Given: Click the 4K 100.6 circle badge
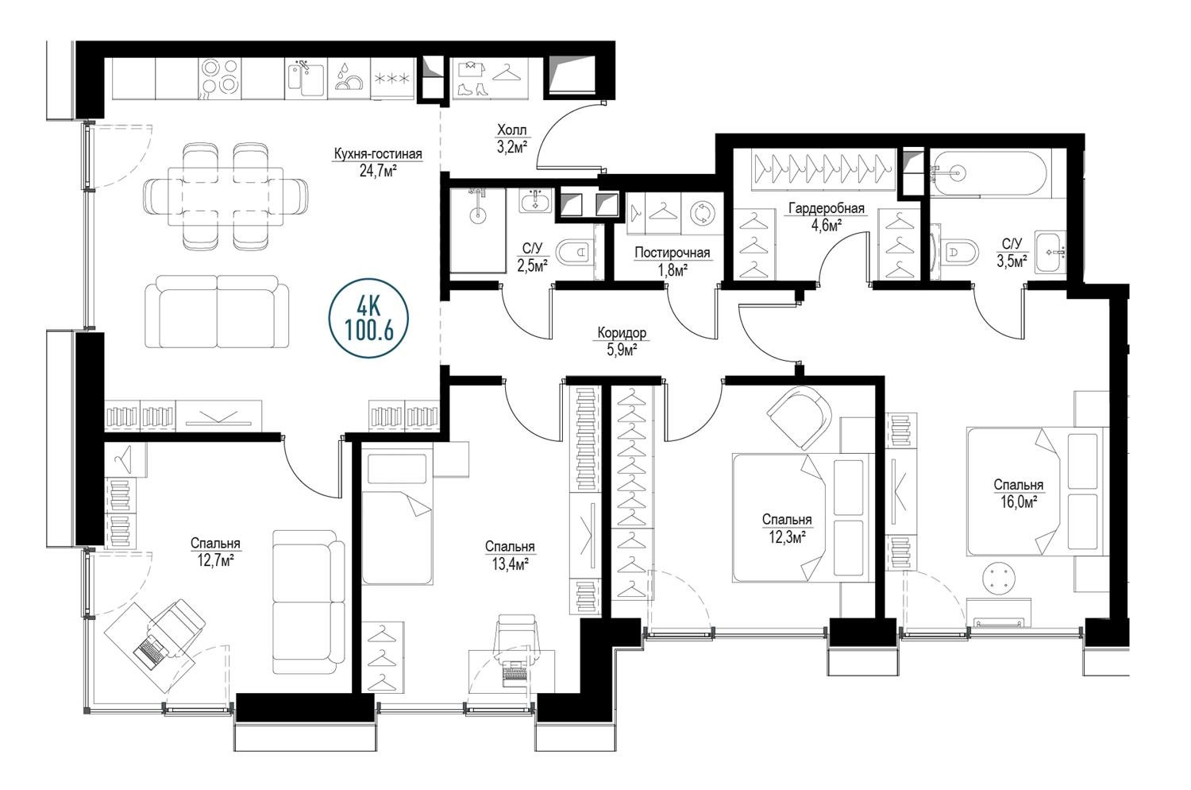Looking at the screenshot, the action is pos(369,318).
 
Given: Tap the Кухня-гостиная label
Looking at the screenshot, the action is pos(377,154).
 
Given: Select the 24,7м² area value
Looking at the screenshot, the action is pos(378,172).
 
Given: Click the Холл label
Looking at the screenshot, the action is pos(511,130).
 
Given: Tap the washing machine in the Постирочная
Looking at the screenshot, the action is pos(703,213).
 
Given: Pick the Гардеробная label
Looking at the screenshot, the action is pos(827,208).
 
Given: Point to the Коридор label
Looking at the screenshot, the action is pos(622,333).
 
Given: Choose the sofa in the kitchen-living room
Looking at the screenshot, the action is pos(217,312).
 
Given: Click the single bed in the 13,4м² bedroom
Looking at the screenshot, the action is pos(397,517).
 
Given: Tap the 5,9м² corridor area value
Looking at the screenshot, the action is pos(622,350).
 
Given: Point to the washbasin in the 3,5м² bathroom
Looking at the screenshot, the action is pos(1050,252).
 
